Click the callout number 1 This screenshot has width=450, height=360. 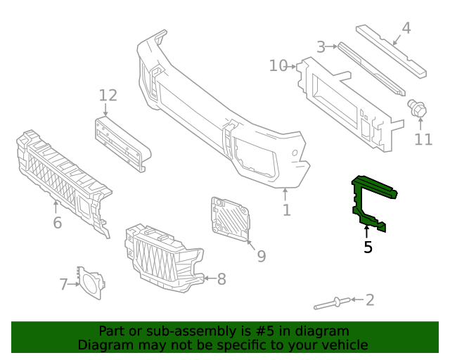286,210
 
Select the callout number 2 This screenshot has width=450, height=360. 370,300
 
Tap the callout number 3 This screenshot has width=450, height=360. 321,47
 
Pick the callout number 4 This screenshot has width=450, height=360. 406,29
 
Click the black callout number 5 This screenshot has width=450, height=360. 368,247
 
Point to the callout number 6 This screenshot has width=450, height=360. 57,223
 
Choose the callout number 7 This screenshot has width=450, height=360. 63,284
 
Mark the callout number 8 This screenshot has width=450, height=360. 221,279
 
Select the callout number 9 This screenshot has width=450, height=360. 261,256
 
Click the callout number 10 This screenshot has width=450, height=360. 278,66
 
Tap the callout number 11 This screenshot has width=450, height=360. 423,139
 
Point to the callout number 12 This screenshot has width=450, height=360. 107,95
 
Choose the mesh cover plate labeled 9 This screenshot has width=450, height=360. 231,218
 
